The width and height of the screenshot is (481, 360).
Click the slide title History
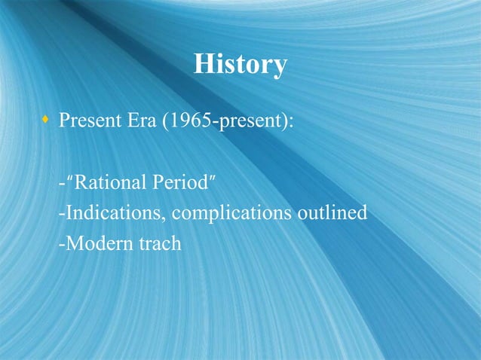[240, 64]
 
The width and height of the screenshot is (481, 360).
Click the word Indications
[113, 214]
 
